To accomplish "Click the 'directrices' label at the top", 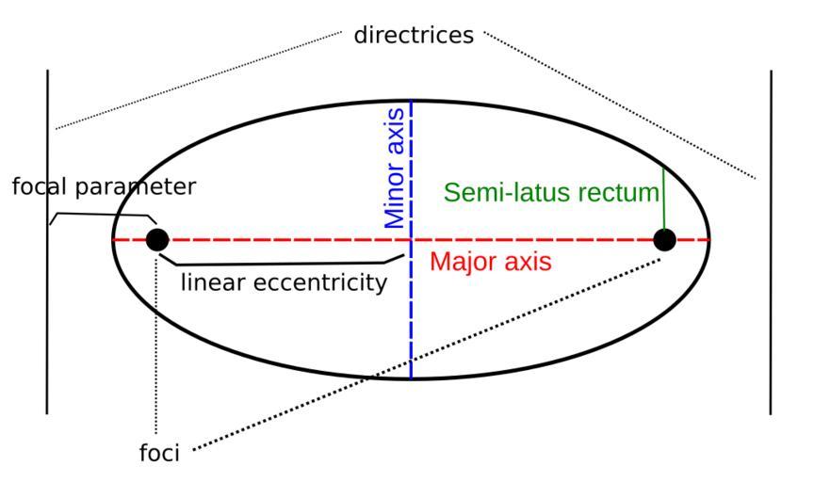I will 415,37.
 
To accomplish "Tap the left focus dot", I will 157,239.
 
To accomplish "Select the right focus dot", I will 664,239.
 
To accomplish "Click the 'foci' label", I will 159,454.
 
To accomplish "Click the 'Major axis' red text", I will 490,262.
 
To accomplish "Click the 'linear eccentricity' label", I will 283,282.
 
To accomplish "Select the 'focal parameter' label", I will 104,186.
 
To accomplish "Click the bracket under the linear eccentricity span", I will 283,262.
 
